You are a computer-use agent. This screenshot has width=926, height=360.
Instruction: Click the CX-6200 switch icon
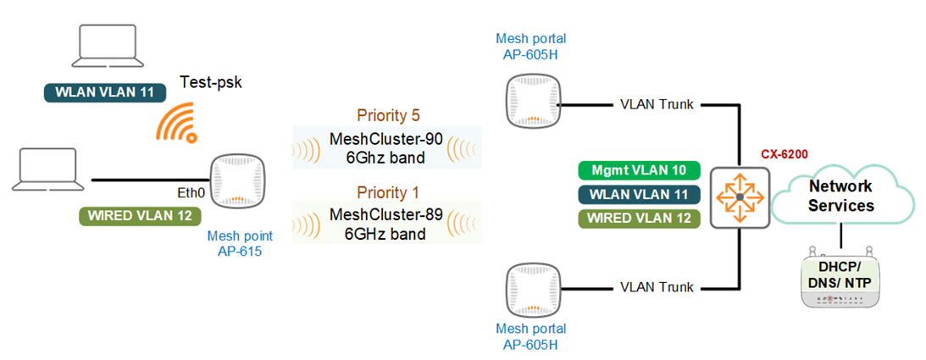(x=740, y=197)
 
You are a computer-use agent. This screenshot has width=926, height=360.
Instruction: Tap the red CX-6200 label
(x=785, y=154)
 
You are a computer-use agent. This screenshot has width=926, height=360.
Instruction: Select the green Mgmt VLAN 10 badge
(x=640, y=170)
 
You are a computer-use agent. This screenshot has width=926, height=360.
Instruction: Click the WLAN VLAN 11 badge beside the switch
(x=640, y=195)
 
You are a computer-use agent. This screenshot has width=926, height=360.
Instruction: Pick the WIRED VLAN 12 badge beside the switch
(x=640, y=219)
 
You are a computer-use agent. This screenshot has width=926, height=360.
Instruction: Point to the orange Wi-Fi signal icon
(x=176, y=122)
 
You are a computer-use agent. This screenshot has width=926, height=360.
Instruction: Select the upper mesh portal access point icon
(x=533, y=98)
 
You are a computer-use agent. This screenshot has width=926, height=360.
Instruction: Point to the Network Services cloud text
(x=840, y=196)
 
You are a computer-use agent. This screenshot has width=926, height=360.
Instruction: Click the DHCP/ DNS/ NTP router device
(x=840, y=279)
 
